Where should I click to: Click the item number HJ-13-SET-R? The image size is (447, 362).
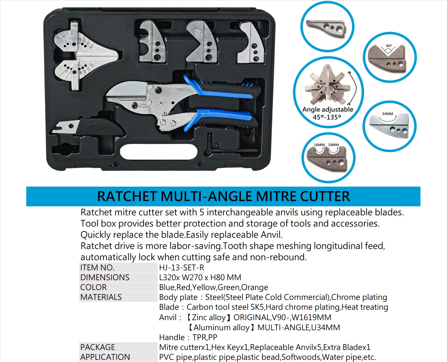coord(181,268)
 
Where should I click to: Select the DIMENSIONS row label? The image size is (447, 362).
coord(105,277)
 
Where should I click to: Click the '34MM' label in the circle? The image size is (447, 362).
coord(387,114)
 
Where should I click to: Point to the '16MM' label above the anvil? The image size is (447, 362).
coord(319,145)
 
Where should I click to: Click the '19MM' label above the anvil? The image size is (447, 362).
coord(333,145)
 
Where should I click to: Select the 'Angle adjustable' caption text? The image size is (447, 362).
coord(328,109)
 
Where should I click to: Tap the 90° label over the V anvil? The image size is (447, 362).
coord(389,46)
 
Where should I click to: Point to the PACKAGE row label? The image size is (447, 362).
coord(98,347)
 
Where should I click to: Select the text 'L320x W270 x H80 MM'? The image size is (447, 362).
coord(200,277)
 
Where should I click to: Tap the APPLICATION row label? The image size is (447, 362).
coord(105,357)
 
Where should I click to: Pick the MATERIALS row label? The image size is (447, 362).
coord(101,297)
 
